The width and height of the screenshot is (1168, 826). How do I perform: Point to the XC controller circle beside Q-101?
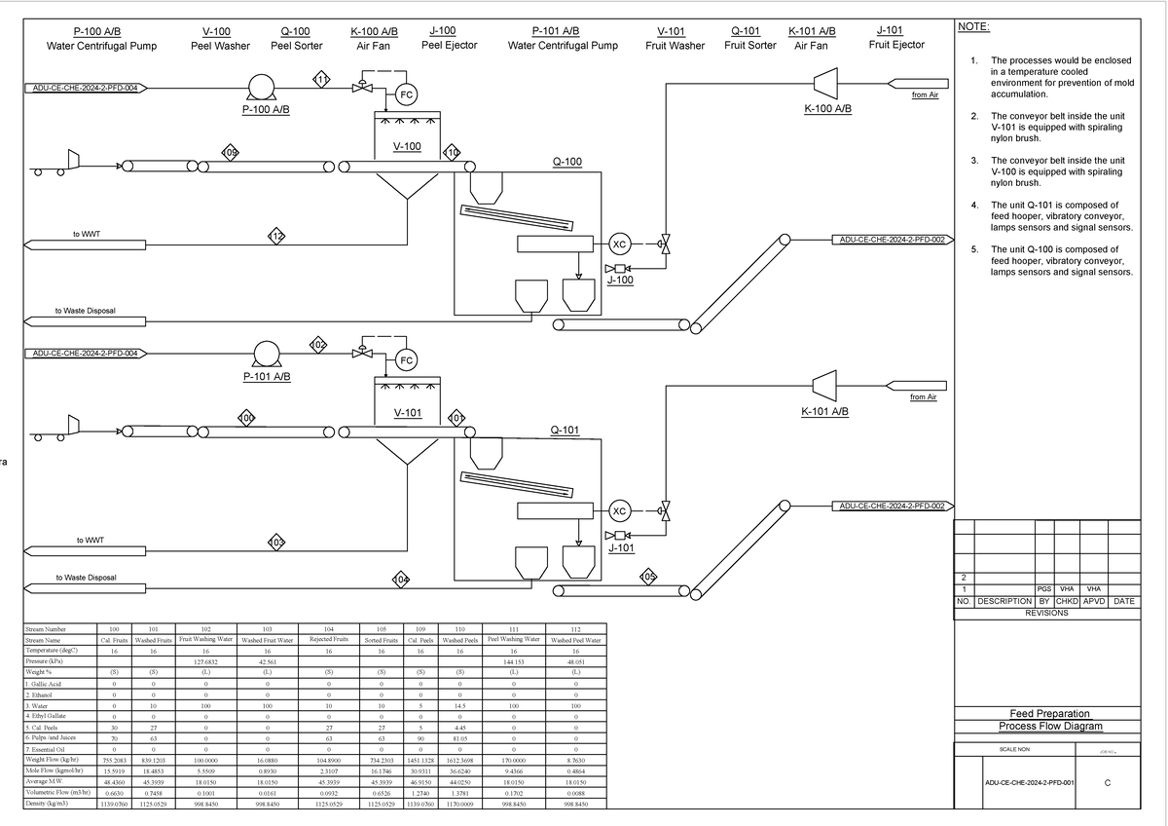pyautogui.click(x=618, y=510)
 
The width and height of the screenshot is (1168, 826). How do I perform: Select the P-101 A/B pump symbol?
pyautogui.click(x=267, y=354)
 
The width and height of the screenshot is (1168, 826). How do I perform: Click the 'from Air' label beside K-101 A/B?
pyautogui.click(x=924, y=397)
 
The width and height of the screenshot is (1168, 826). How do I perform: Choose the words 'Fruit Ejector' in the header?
pyautogui.click(x=895, y=45)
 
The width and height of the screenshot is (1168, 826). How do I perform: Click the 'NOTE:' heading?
pyautogui.click(x=974, y=27)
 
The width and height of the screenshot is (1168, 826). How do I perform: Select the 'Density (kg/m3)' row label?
pyautogui.click(x=51, y=805)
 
